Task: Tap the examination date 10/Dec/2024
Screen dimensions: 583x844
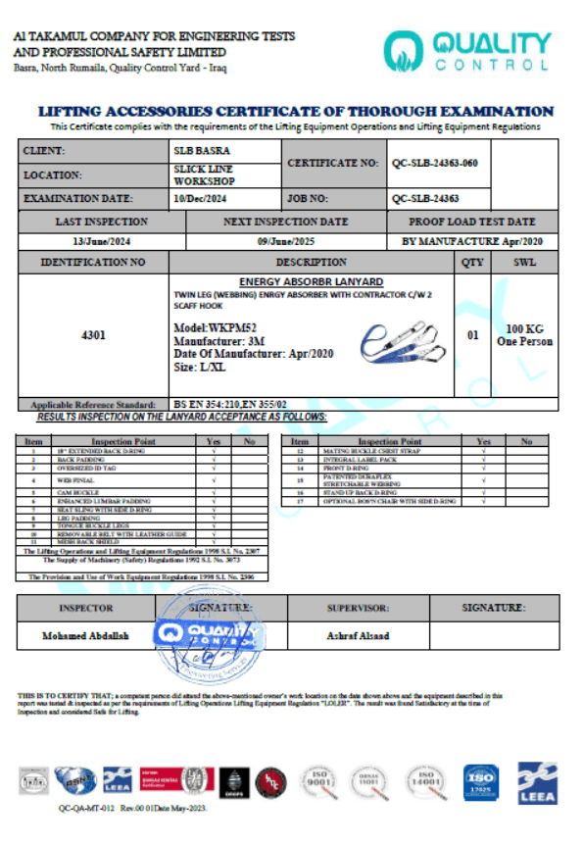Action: coord(201,198)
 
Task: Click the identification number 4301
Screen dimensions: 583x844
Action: coord(95,335)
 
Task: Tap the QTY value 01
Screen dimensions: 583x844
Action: coord(473,335)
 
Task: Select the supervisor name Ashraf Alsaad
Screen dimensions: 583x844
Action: coord(358,635)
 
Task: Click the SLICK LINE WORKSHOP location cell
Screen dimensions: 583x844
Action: coord(203,174)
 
